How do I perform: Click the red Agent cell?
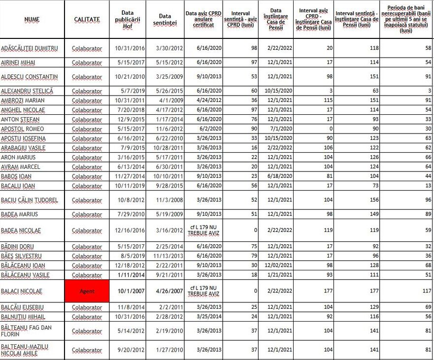pyautogui.click(x=87, y=291)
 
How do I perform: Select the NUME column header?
pyautogui.click(x=32, y=19)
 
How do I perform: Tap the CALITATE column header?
pyautogui.click(x=87, y=19)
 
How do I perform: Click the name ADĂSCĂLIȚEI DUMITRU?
pyautogui.click(x=30, y=48)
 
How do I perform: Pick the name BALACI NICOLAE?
pyautogui.click(x=22, y=291)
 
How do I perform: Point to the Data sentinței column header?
pyautogui.click(x=165, y=19)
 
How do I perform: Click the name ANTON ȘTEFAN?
pyautogui.click(x=20, y=120)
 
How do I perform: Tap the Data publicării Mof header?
pyautogui.click(x=128, y=19)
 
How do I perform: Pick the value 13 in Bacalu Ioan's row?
pyautogui.click(x=428, y=186)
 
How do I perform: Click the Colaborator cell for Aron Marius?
pyautogui.click(x=87, y=158)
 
